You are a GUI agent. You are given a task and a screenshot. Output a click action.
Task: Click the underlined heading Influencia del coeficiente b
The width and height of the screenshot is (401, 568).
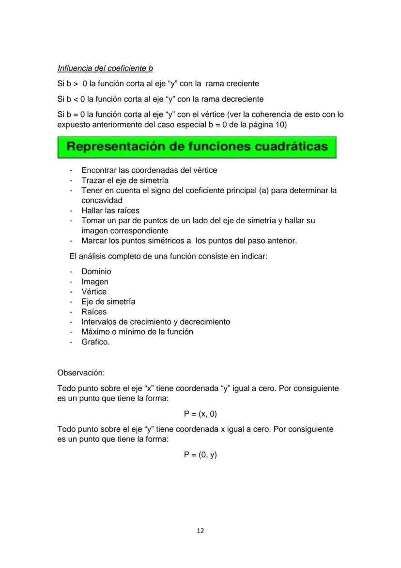click(x=105, y=68)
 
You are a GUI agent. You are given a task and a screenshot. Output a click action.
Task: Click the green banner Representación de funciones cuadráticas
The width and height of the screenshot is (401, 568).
click(x=197, y=147)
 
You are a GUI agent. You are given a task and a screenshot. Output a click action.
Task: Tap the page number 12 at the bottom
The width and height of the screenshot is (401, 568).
click(x=200, y=531)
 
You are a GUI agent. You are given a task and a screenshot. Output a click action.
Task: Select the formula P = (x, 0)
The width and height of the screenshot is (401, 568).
click(x=200, y=414)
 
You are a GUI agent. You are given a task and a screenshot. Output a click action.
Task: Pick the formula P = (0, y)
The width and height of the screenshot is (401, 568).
click(x=200, y=454)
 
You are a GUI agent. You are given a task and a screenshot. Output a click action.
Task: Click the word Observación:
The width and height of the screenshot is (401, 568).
click(x=81, y=373)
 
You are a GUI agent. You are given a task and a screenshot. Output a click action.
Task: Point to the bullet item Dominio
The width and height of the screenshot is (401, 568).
click(x=96, y=272)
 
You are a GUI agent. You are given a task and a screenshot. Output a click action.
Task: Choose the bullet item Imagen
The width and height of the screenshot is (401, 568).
click(x=95, y=282)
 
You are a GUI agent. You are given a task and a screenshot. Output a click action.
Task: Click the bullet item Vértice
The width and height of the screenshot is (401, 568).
click(x=94, y=292)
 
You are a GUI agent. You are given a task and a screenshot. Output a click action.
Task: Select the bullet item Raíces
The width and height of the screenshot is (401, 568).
click(x=94, y=312)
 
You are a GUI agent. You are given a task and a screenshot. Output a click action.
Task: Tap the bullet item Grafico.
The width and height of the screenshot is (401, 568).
click(x=95, y=342)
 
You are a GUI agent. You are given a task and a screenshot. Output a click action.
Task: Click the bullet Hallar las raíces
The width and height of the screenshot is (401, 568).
click(x=110, y=211)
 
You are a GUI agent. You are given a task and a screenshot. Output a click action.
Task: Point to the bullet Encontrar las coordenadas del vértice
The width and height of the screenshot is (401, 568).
click(x=149, y=170)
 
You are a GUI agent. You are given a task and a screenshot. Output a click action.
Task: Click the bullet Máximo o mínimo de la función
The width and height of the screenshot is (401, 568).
click(x=137, y=332)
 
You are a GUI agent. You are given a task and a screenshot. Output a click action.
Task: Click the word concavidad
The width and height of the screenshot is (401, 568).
click(x=102, y=200)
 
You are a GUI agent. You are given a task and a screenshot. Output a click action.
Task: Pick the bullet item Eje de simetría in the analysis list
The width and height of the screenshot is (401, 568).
click(x=108, y=302)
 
